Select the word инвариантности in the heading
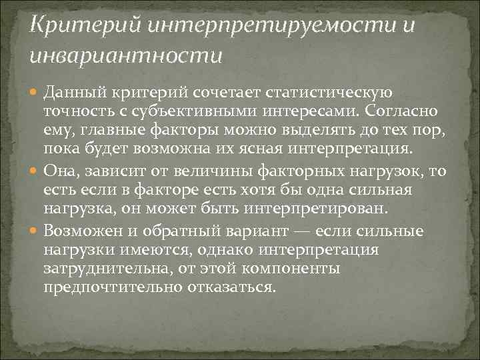pos(125,55)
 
